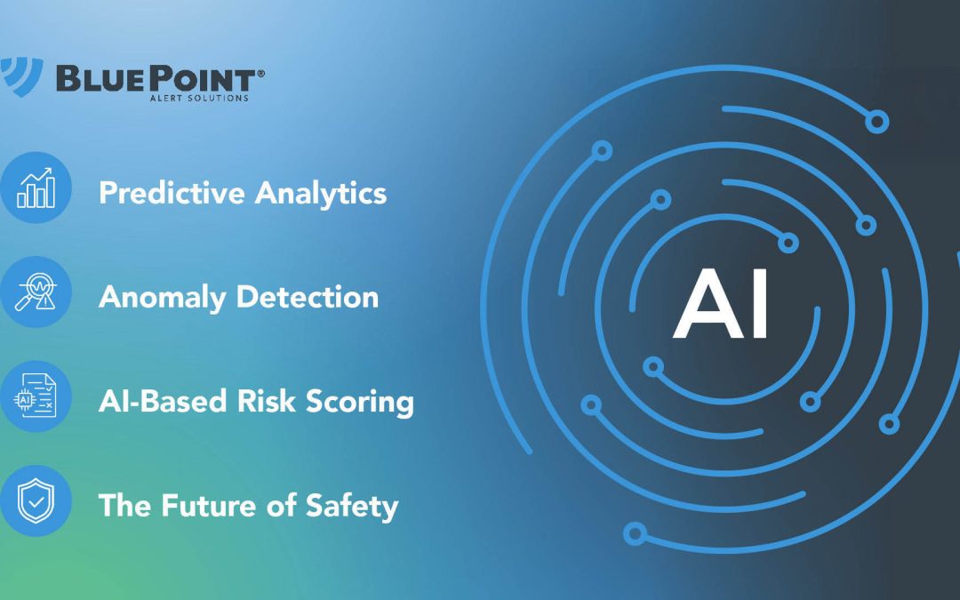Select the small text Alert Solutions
pos(199,98)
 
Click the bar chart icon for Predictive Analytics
pos(36,188)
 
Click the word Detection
pos(310,296)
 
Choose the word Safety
pos(352,507)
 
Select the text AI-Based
pos(161,401)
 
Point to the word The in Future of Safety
pos(123,505)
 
